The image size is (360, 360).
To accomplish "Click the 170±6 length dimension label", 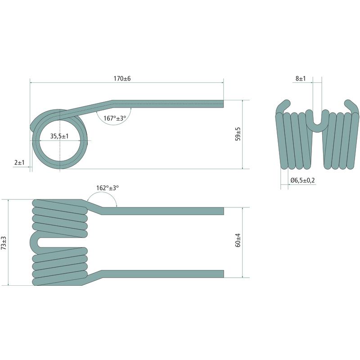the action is point(122,78).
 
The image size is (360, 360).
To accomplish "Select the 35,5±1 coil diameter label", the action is point(59,136).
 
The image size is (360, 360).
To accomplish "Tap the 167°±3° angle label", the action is point(115,118).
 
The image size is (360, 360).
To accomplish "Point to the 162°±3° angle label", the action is point(108,188).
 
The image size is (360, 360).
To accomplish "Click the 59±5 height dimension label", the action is point(238,134).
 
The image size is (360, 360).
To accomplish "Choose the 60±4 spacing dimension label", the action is point(238,240).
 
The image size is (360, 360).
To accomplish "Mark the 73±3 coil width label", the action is point(4,243).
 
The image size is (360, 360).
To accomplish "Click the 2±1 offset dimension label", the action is point(19,162).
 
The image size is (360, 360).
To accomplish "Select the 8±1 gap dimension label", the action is point(301,78).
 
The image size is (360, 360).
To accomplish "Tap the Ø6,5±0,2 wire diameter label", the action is point(302,180).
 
